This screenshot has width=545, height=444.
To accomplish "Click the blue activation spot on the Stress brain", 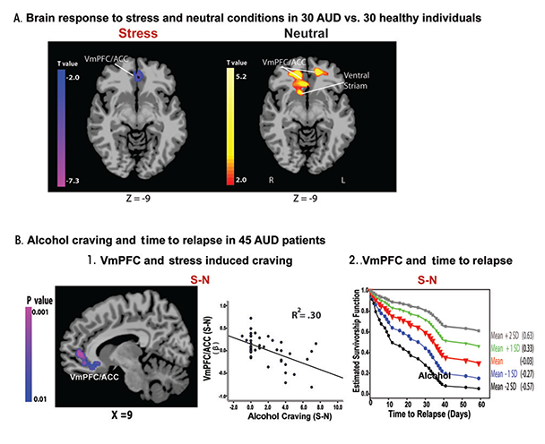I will pos(139,79).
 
